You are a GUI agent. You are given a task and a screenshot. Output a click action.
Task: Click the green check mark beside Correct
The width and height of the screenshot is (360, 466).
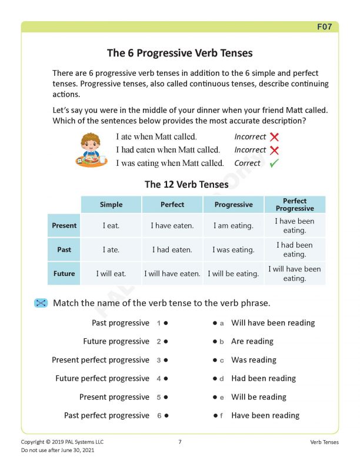click(274, 164)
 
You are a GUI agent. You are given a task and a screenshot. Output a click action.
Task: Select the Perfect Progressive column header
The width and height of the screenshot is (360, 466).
click(294, 205)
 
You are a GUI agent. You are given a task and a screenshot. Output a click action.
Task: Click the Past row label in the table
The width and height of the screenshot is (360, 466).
click(64, 249)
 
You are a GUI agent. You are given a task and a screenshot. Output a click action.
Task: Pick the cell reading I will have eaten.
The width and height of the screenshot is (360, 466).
click(172, 274)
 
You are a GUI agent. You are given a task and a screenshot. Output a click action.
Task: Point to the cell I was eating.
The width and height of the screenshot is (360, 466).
click(234, 249)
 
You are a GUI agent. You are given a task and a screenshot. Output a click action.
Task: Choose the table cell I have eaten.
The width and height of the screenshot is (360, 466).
click(172, 225)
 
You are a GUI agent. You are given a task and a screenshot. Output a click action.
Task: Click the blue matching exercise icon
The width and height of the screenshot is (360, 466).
click(41, 303)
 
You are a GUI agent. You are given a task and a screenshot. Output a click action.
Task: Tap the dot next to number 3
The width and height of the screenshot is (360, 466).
click(166, 360)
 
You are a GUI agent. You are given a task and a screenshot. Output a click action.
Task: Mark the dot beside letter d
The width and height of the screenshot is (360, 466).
click(215, 378)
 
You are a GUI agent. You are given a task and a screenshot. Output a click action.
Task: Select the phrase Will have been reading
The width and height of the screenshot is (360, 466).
click(273, 323)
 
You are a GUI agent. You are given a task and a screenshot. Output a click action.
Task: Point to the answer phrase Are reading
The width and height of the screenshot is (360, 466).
click(252, 341)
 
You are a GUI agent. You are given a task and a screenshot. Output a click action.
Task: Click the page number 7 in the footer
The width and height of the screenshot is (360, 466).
click(180, 442)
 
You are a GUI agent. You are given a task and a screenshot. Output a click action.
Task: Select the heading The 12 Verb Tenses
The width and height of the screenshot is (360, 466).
click(186, 184)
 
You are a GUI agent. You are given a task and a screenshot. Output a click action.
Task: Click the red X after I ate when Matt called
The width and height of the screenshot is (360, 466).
click(274, 137)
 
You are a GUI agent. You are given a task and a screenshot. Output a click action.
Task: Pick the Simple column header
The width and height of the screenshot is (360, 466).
click(111, 205)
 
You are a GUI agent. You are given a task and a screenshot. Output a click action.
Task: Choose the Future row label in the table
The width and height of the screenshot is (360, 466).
click(64, 274)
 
